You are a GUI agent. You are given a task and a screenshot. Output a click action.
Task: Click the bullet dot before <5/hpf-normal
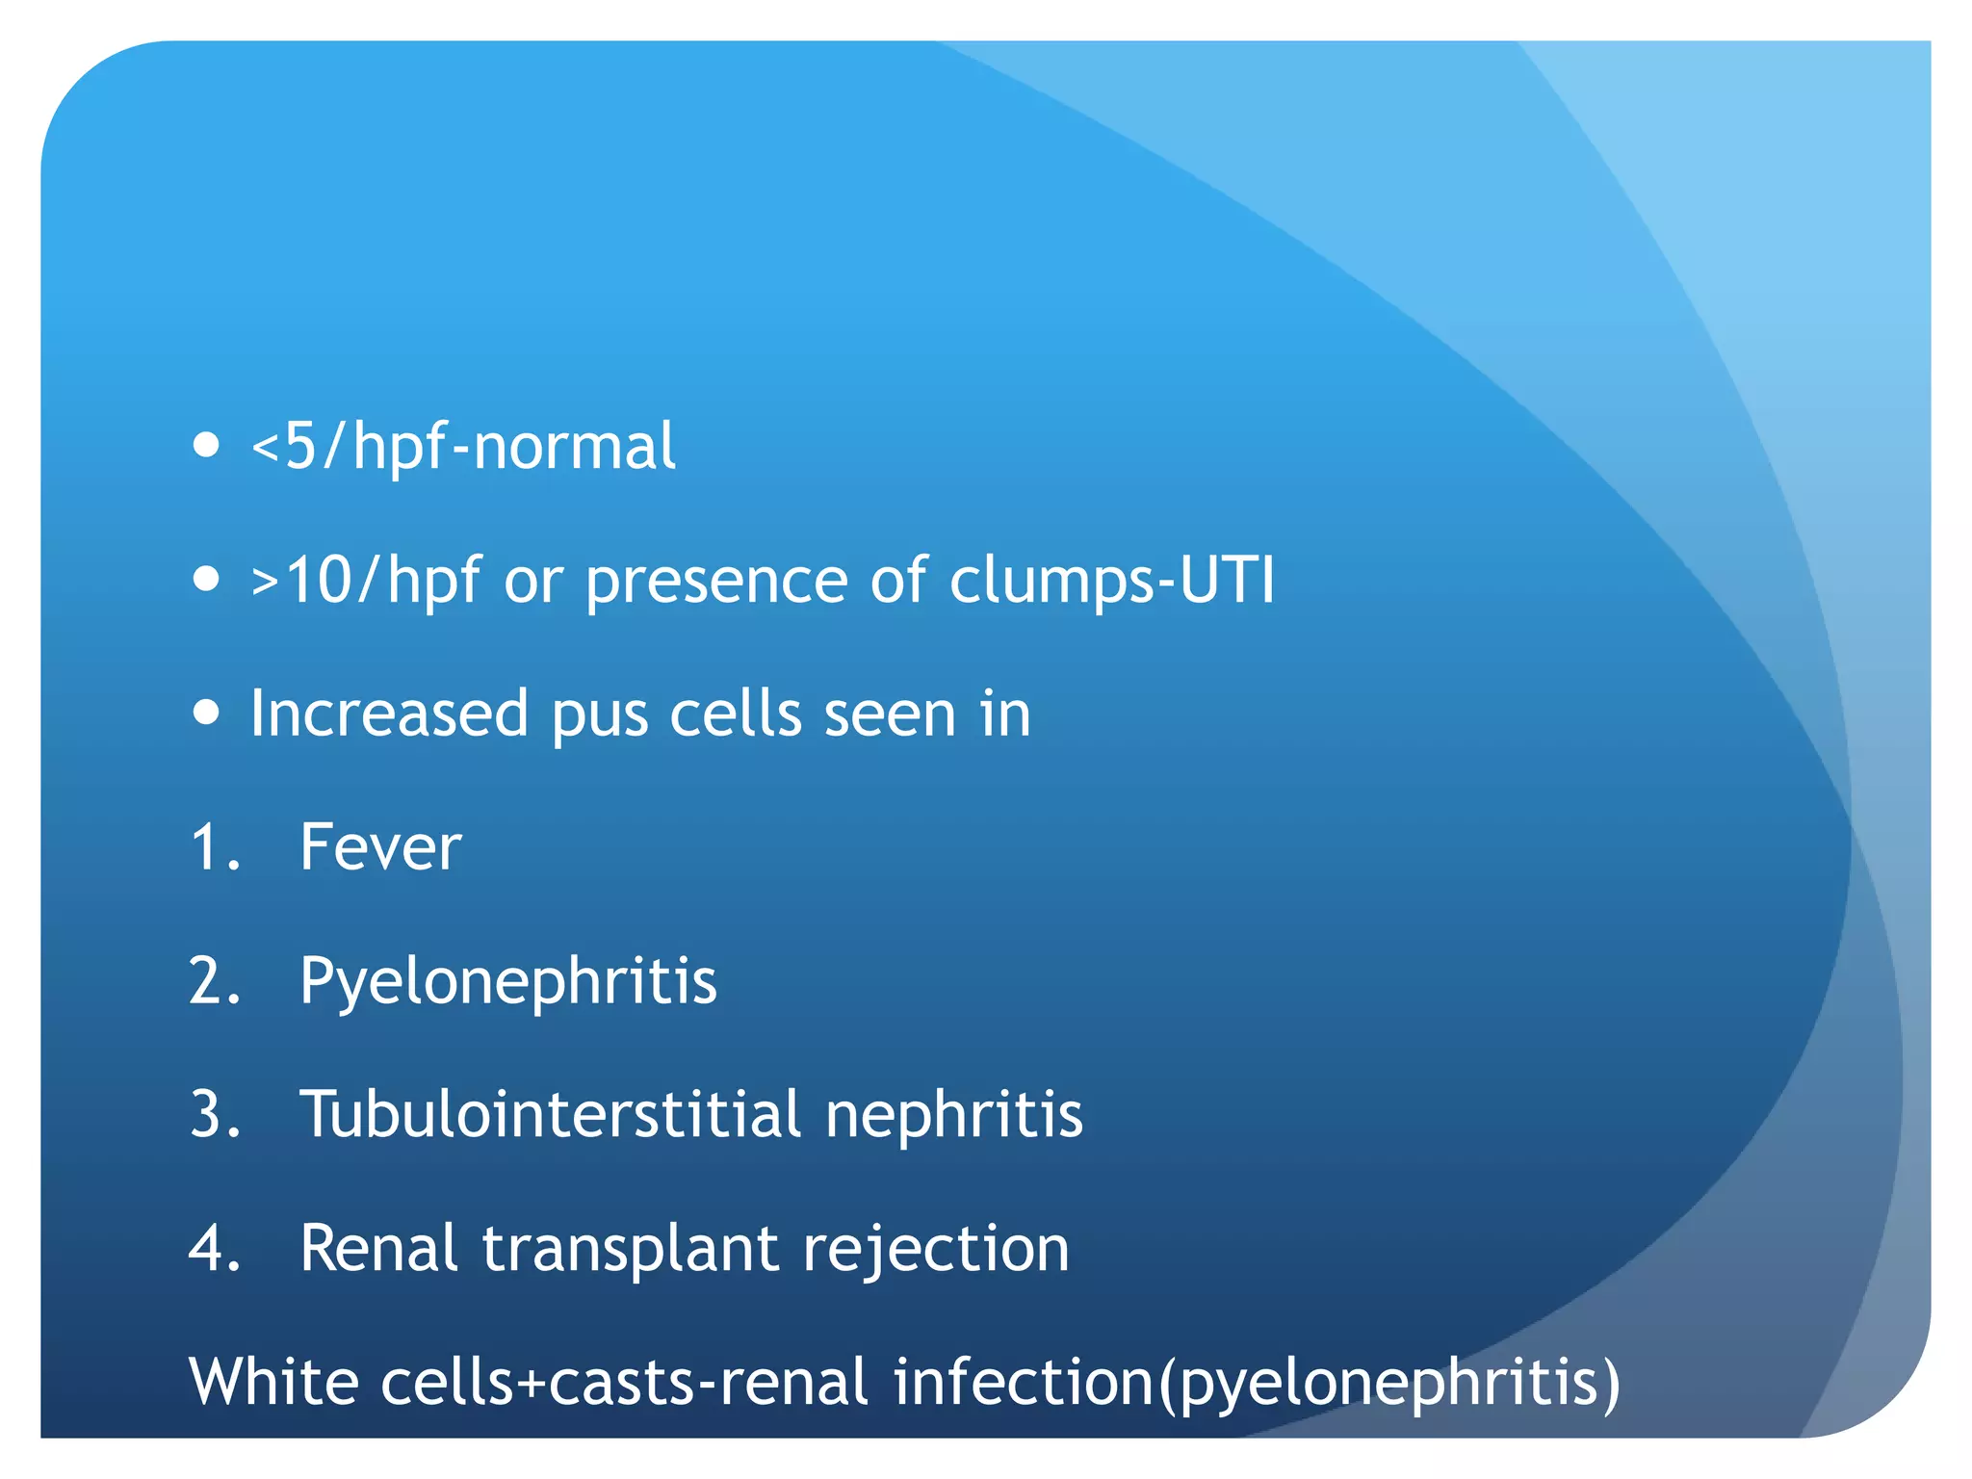click(x=206, y=446)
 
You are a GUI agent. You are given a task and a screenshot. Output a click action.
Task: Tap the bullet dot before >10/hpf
click(x=206, y=580)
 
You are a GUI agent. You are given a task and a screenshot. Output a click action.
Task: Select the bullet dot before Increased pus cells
click(x=206, y=714)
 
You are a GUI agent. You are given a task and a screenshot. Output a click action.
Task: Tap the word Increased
click(x=389, y=714)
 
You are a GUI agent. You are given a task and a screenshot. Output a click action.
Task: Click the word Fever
click(x=380, y=847)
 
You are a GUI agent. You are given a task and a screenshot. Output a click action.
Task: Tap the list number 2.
click(x=214, y=981)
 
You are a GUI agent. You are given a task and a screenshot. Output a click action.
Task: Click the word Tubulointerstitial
click(x=551, y=1114)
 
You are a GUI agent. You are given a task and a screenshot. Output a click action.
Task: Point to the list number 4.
click(x=214, y=1248)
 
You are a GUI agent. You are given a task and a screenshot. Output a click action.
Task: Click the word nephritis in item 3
click(x=954, y=1115)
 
